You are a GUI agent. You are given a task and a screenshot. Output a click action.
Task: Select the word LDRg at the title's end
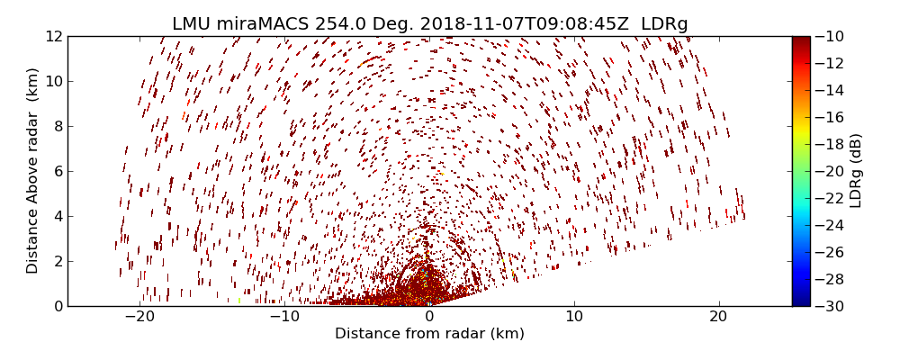[664, 24]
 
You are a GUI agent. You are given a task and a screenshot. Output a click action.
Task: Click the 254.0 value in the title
[339, 24]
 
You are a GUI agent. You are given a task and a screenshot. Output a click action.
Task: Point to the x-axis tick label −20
[139, 317]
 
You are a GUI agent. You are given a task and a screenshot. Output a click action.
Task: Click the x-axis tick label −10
[284, 317]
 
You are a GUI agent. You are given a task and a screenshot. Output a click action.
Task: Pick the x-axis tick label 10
[574, 317]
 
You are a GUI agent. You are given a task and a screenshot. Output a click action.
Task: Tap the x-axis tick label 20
[718, 317]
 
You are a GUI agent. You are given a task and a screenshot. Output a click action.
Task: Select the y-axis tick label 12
[53, 37]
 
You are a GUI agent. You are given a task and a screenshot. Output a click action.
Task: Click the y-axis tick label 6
[57, 171]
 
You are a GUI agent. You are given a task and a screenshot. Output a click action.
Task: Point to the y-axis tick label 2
[57, 261]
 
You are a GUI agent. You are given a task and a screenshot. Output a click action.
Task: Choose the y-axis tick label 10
[53, 81]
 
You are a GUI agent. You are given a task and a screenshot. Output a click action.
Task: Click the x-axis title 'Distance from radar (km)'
[429, 334]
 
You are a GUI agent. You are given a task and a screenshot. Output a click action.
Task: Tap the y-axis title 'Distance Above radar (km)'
[33, 171]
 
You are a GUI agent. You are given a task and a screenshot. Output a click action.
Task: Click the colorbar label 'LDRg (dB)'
[856, 171]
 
